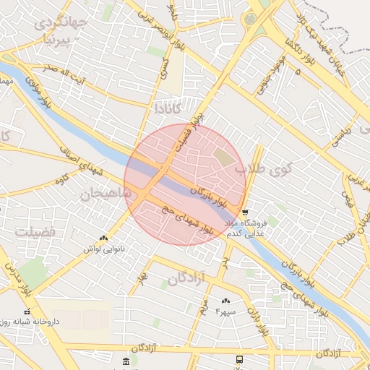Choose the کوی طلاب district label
[262, 170]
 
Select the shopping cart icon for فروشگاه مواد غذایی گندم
[246, 213]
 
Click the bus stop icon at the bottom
[239, 359]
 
